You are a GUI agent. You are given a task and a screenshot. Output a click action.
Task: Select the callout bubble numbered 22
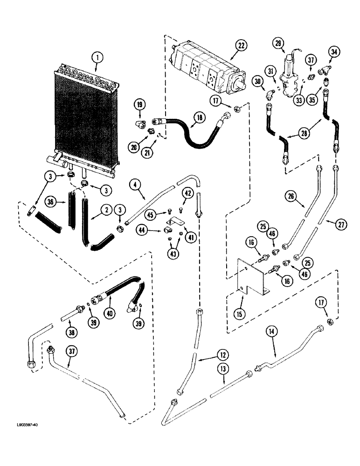[241, 46]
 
